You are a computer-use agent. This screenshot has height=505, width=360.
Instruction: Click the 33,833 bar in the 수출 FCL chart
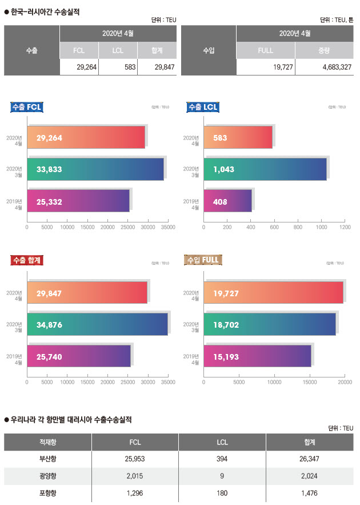pos(95,169)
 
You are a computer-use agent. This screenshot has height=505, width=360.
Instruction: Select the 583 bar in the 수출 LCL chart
pos(238,138)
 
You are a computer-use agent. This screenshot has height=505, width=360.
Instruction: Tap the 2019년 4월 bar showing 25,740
pos(79,356)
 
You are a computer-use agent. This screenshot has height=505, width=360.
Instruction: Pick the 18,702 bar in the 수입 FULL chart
pos(269,324)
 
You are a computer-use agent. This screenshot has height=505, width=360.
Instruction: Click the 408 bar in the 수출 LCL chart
pos(227,201)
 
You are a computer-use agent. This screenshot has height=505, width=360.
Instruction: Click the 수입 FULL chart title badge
pos(203,260)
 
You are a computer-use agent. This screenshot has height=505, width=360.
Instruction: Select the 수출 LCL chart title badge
pos(203,107)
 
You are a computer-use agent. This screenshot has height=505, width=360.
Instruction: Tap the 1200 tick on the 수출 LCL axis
pos(345,228)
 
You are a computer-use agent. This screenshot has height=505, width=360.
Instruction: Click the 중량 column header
pos(323,50)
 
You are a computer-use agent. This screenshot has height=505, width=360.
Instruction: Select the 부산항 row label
pos(47,459)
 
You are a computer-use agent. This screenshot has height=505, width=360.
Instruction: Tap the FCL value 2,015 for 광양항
pos(135,476)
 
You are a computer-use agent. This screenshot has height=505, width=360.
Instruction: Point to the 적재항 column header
pos(47,442)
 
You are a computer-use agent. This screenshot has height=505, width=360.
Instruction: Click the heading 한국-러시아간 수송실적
pos(45,11)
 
